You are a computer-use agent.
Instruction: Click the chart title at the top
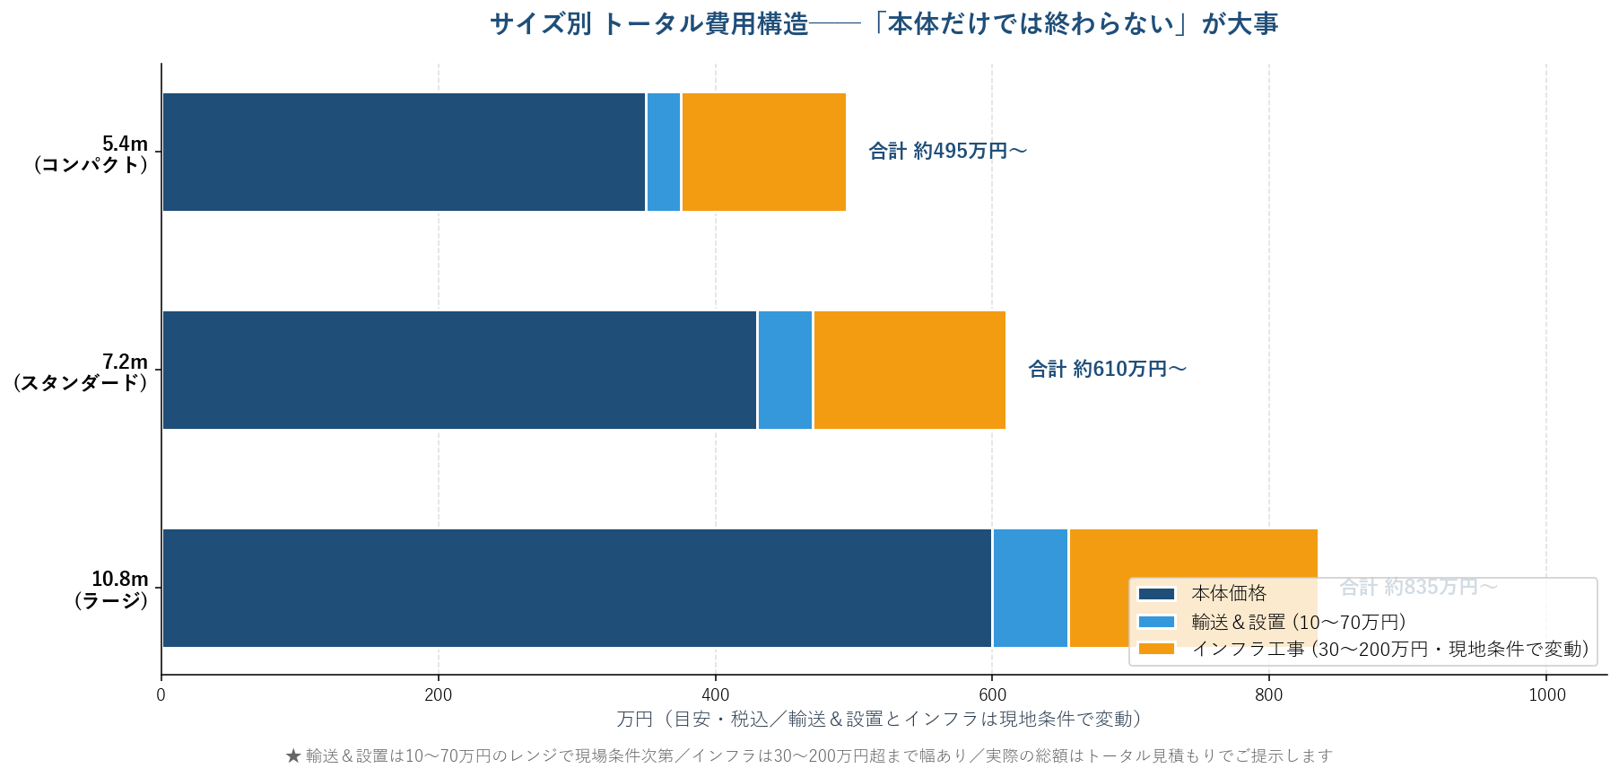click(x=883, y=23)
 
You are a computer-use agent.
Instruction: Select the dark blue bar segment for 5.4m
click(x=404, y=153)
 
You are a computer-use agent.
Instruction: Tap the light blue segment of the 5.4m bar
click(x=664, y=153)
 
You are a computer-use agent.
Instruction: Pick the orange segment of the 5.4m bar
click(x=763, y=153)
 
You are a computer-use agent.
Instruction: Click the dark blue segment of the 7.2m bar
click(x=459, y=370)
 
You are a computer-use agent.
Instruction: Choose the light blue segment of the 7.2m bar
click(x=785, y=370)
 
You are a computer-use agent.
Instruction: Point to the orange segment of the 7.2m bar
click(x=909, y=370)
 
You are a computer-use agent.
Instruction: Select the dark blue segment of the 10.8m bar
click(x=577, y=588)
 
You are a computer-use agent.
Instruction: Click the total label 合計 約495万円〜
click(x=947, y=152)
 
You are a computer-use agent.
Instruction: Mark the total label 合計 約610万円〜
click(x=1107, y=369)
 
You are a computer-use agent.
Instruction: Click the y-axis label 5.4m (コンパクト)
click(x=90, y=153)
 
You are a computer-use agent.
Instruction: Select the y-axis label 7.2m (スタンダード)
click(x=81, y=371)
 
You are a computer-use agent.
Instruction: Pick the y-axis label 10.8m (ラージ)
click(x=111, y=589)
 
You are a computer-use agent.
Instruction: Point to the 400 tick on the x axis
click(x=716, y=694)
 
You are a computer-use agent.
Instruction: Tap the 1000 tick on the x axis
click(x=1546, y=694)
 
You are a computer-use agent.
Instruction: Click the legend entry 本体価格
click(x=1228, y=593)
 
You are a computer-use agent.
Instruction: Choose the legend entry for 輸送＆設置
click(x=1298, y=622)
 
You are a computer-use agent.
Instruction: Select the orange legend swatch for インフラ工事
click(x=1156, y=649)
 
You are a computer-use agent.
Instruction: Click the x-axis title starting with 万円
click(x=879, y=719)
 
